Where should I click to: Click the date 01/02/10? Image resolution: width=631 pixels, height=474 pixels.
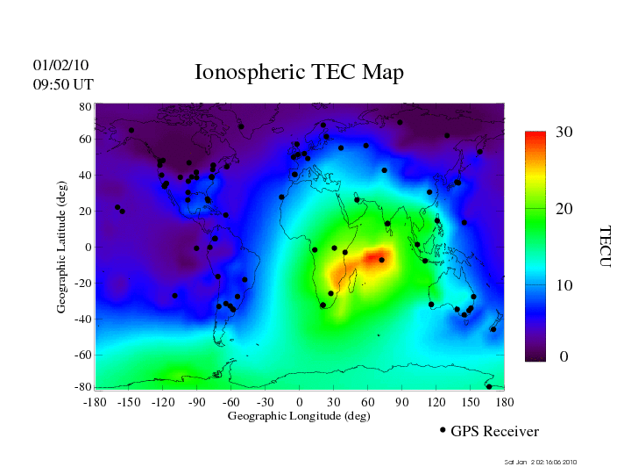pos(60,65)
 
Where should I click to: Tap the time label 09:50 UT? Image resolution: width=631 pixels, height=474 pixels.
pos(63,84)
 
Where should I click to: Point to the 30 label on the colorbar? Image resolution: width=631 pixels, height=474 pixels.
pos(564,132)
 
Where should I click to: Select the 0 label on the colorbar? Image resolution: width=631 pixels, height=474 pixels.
pos(564,357)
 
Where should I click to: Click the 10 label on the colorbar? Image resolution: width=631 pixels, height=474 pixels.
pos(564,286)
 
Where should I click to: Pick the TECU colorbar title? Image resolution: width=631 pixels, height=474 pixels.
pos(605,247)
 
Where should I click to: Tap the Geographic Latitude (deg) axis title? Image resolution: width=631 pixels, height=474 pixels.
pos(61,254)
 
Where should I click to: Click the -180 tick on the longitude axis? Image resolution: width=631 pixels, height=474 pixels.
pos(95,401)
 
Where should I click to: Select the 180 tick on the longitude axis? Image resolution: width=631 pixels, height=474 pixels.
pos(504,401)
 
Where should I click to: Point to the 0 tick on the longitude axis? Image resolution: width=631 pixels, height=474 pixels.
pos(300,401)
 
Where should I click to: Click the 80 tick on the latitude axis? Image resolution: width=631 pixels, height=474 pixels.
pos(86,106)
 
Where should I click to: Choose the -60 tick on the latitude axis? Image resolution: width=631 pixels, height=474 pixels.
pos(83,355)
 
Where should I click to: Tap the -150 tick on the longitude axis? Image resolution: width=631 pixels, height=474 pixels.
pos(129,401)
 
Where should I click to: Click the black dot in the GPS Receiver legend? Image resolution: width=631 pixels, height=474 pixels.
pos(443,430)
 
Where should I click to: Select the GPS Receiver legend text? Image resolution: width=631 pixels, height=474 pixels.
pos(494,431)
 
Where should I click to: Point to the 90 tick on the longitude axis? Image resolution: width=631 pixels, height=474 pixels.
pos(402,401)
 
